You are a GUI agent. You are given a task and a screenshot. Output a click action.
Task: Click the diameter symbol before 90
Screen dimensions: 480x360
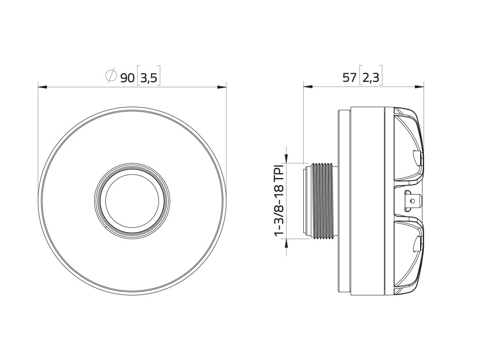(x=111, y=76)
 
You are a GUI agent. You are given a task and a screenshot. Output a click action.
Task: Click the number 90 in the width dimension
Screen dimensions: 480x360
(x=128, y=78)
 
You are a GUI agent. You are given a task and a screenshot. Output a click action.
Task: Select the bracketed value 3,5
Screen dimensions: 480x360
(x=148, y=78)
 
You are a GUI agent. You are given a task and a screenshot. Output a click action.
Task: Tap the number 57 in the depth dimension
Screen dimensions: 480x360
(x=349, y=78)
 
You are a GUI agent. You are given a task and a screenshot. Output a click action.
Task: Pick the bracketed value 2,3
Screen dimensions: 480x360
(x=371, y=78)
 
